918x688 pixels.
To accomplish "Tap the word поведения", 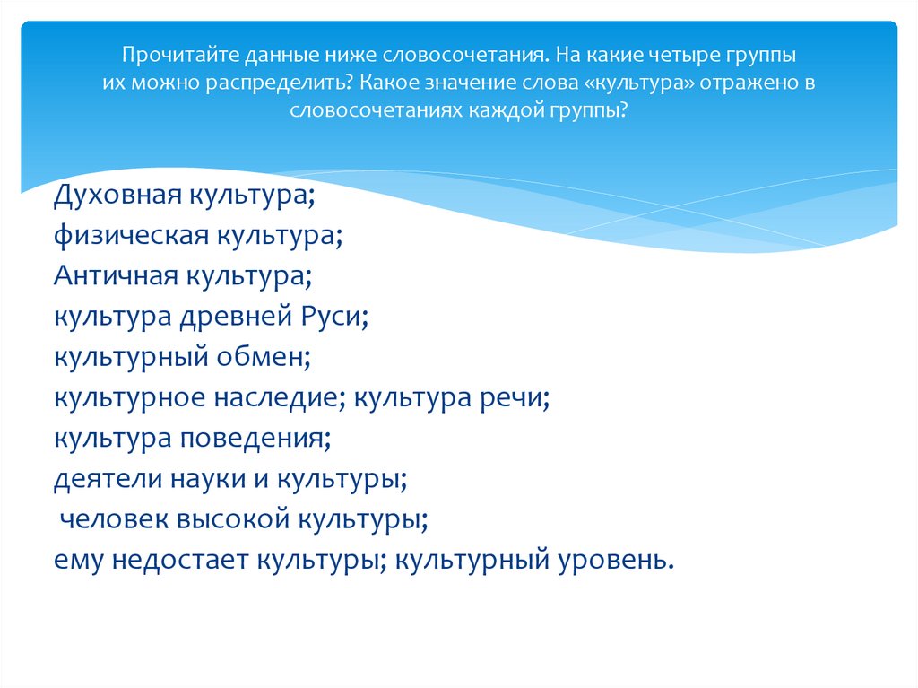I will coord(255,439).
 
